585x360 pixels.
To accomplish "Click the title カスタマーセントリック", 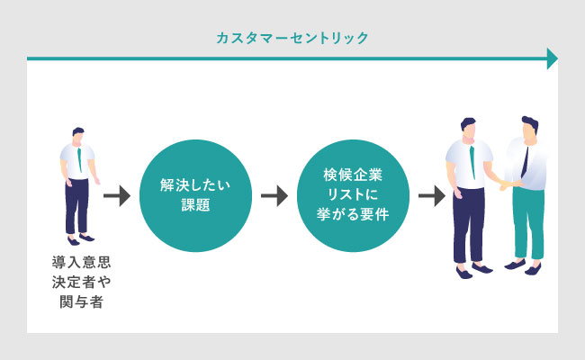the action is pyautogui.click(x=292, y=38).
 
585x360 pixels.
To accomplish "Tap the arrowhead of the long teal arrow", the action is pyautogui.click(x=553, y=58).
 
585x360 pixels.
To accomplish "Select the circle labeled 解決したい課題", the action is pyautogui.click(x=195, y=195).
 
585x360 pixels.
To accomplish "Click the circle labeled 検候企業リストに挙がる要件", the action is pyautogui.click(x=353, y=195).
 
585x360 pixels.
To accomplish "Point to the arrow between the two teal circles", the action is pyautogui.click(x=274, y=196).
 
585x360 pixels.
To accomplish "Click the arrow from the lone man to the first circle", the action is pyautogui.click(x=117, y=196).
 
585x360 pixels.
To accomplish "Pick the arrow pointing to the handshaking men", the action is pyautogui.click(x=432, y=196).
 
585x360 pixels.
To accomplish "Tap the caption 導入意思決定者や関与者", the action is pyautogui.click(x=81, y=282).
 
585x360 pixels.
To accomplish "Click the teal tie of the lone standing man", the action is pyautogui.click(x=79, y=160).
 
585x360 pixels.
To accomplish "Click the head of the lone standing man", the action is pyautogui.click(x=77, y=135).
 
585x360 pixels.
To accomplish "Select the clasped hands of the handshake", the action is pyautogui.click(x=510, y=184).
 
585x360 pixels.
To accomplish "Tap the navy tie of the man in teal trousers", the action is pyautogui.click(x=525, y=162).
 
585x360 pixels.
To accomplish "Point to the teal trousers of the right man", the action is pyautogui.click(x=528, y=223).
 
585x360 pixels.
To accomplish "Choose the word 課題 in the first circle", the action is pyautogui.click(x=195, y=205).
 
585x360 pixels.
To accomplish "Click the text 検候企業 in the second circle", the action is pyautogui.click(x=353, y=175).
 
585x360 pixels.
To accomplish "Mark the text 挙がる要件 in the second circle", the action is pyautogui.click(x=353, y=214).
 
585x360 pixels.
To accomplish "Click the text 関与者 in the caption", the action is pyautogui.click(x=81, y=301).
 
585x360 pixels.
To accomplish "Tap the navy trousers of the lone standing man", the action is pyautogui.click(x=76, y=206).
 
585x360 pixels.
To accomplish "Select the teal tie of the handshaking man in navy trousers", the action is pyautogui.click(x=472, y=162).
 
